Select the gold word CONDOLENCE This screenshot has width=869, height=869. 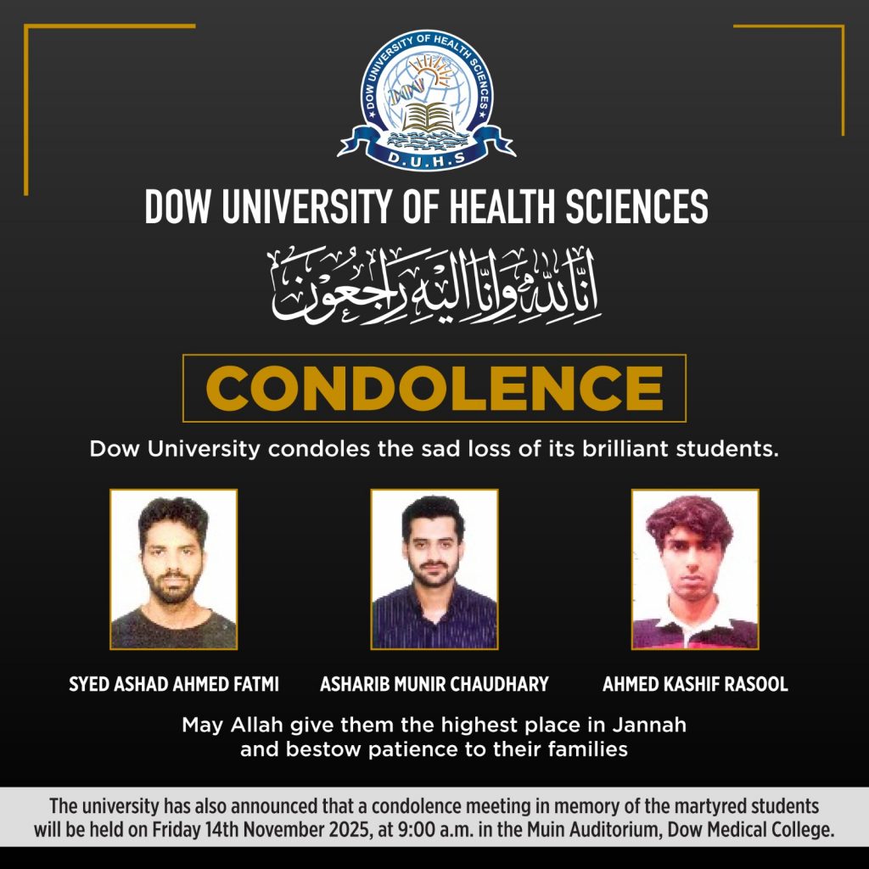click(x=434, y=388)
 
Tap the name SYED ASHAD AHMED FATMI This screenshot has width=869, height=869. click(x=174, y=685)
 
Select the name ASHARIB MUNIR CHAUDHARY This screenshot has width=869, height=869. click(x=434, y=685)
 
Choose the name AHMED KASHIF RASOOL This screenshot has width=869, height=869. click(x=695, y=685)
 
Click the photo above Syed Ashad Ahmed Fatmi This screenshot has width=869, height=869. click(x=173, y=569)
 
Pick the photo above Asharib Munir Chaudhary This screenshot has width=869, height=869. click(x=434, y=569)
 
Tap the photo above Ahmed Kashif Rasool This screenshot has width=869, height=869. click(x=695, y=569)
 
